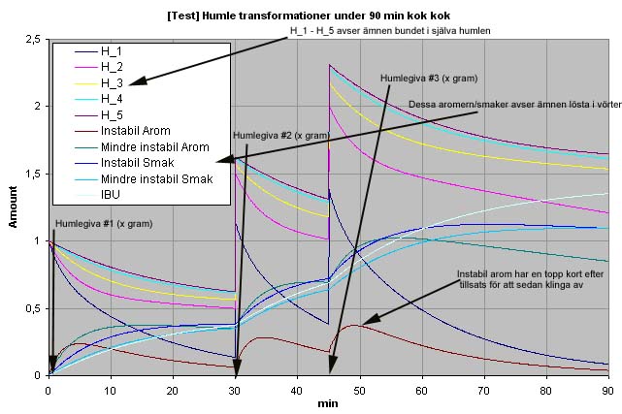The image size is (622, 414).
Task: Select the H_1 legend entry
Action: click(x=113, y=49)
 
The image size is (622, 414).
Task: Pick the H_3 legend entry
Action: click(x=113, y=82)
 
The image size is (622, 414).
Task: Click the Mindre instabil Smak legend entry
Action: click(x=156, y=179)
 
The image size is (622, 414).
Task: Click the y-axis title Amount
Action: click(x=14, y=207)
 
